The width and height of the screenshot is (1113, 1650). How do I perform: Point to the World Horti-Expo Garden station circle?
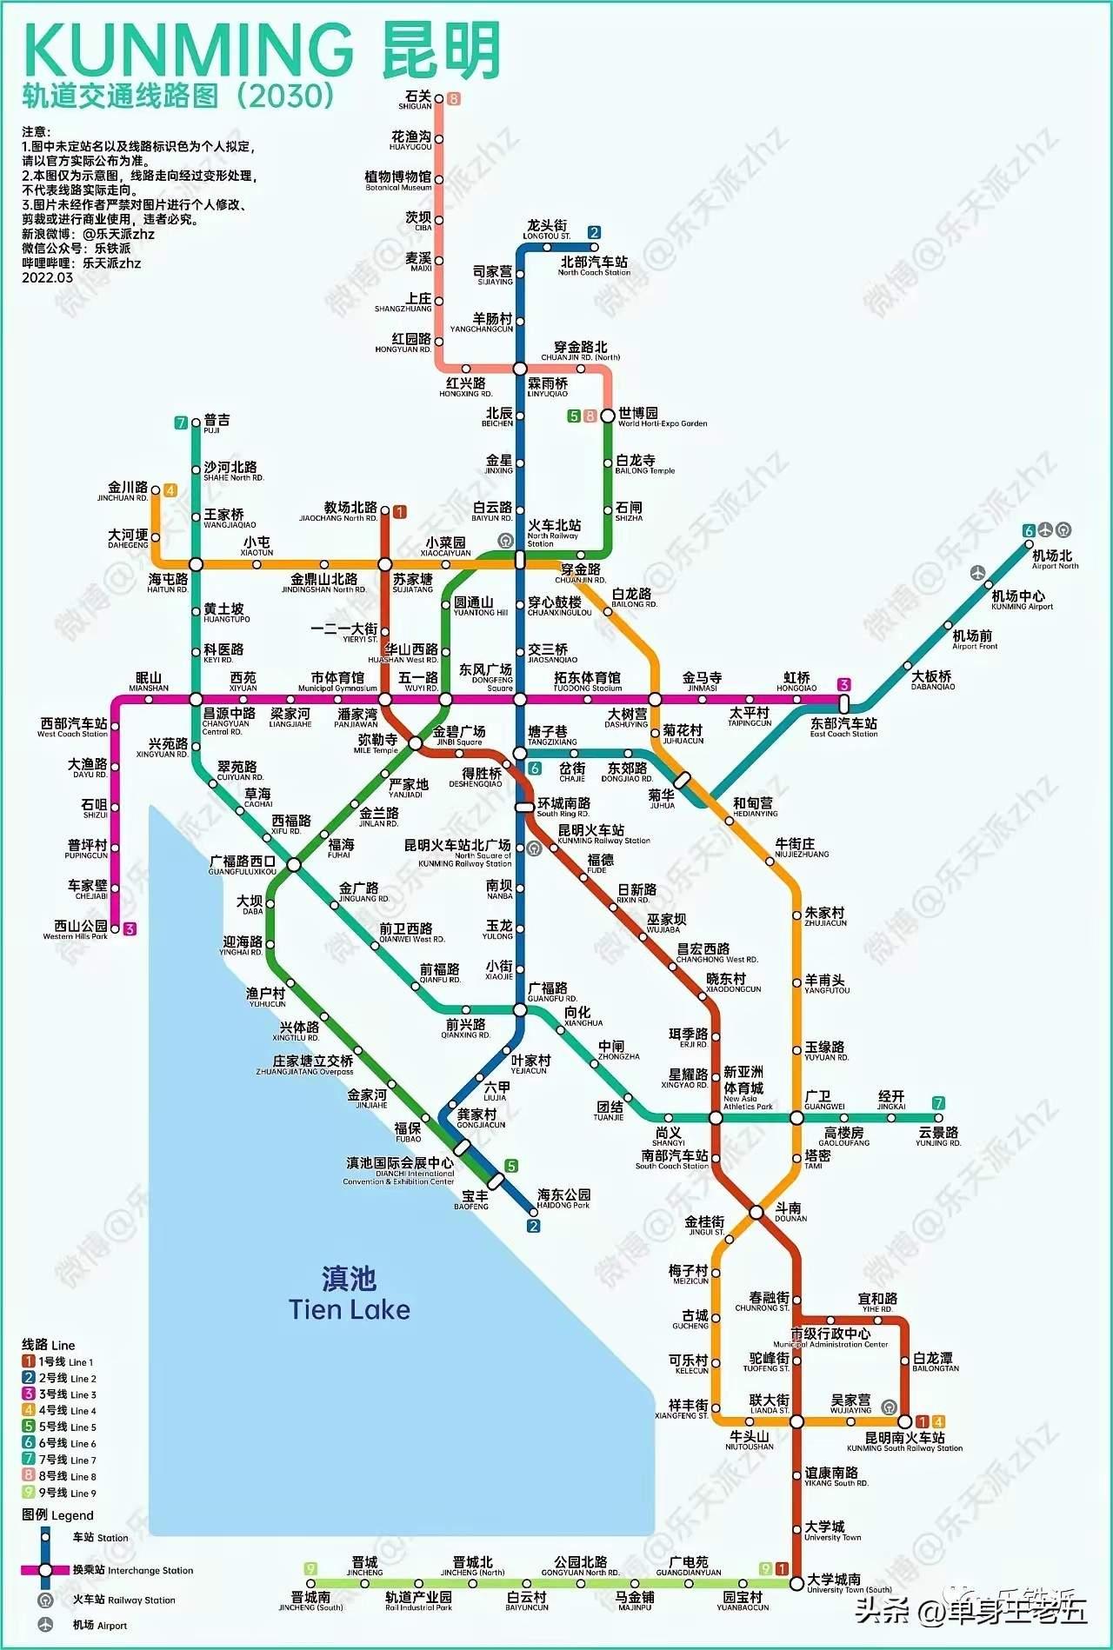click(608, 416)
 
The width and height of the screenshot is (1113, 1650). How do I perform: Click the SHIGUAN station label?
click(417, 100)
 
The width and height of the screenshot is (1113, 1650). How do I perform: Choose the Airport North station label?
click(1054, 559)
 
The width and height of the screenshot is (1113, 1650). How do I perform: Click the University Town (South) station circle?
click(796, 1584)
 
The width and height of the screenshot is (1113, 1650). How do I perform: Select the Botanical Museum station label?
click(398, 181)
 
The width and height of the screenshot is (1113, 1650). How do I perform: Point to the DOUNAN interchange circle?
click(756, 1212)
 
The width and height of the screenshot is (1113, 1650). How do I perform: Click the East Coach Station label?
click(843, 727)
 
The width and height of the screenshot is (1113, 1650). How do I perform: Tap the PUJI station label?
click(216, 423)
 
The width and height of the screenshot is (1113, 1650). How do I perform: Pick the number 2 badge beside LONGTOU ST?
click(594, 232)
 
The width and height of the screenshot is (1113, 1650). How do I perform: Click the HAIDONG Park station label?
click(563, 1199)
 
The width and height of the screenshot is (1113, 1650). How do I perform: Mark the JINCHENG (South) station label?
click(310, 1601)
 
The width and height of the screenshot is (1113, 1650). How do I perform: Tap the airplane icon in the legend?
click(45, 1625)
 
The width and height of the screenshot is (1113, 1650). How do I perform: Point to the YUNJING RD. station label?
click(938, 1136)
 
